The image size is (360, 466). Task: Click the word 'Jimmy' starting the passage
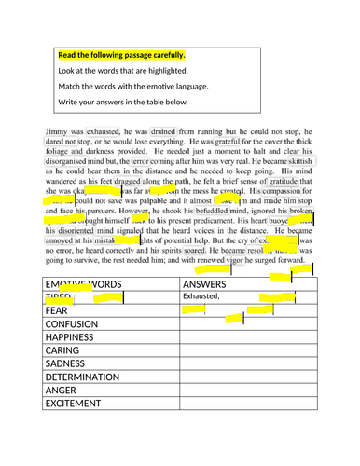pos(57,121)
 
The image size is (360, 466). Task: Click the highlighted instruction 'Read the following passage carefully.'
pos(121,55)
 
